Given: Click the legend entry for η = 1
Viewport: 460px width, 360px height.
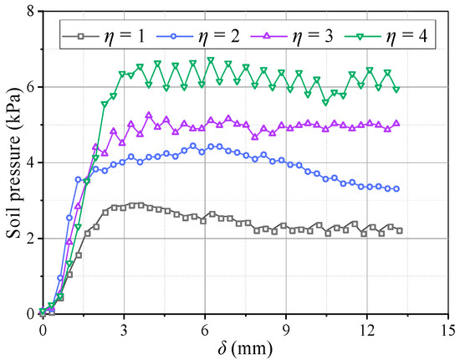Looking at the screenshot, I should (x=105, y=38).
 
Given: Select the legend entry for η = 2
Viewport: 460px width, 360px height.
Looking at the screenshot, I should (x=190, y=38).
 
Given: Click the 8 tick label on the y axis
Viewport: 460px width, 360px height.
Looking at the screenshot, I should (x=30, y=11).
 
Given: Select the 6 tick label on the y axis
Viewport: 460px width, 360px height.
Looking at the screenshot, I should (x=30, y=86).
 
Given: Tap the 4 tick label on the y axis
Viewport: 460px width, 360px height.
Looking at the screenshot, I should (x=30, y=162).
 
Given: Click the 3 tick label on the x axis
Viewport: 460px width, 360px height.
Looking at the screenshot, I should (x=124, y=328).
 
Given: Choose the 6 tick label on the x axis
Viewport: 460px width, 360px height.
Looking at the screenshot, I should (x=205, y=328).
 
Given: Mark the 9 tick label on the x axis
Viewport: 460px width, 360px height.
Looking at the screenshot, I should (x=286, y=328).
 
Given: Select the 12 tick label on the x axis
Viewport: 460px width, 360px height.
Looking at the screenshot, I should (x=367, y=328).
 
